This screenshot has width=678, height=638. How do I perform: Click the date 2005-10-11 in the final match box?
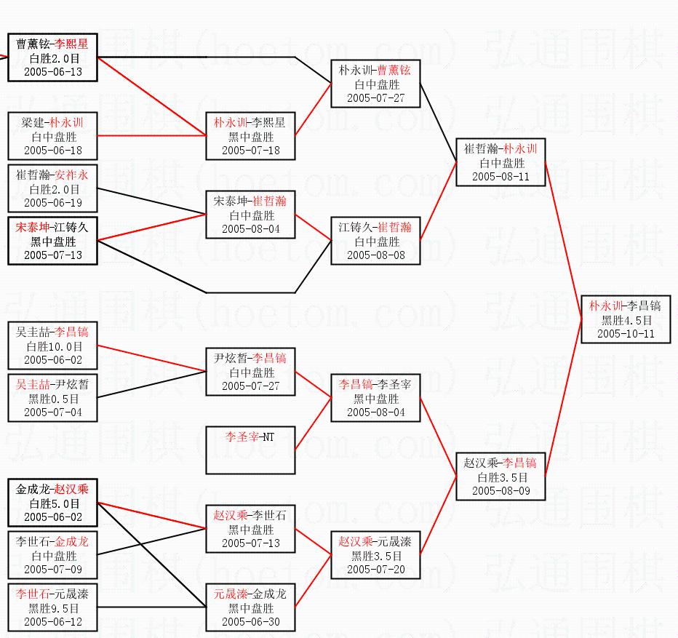point(626,333)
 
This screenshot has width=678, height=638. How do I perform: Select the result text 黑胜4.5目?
point(626,320)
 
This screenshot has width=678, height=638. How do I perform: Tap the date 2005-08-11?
point(500,176)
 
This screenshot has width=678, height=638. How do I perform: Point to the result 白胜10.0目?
point(52,346)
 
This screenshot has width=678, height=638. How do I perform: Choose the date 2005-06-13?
point(52,71)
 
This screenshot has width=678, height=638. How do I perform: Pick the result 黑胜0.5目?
point(52,399)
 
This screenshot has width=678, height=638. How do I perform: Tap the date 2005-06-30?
point(250,622)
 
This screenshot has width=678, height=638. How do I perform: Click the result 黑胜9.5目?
point(52,608)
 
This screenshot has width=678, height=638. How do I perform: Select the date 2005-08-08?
point(375,255)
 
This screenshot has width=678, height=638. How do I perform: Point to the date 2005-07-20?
point(375,569)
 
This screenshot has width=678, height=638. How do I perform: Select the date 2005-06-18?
point(52,150)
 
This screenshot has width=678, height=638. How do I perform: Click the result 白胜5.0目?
point(52,503)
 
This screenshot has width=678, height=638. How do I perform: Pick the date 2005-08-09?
point(500,490)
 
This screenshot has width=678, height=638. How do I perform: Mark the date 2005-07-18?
point(250,150)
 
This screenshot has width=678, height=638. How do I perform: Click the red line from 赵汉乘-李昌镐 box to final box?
point(563,400)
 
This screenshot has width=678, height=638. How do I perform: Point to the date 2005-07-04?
point(52,412)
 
